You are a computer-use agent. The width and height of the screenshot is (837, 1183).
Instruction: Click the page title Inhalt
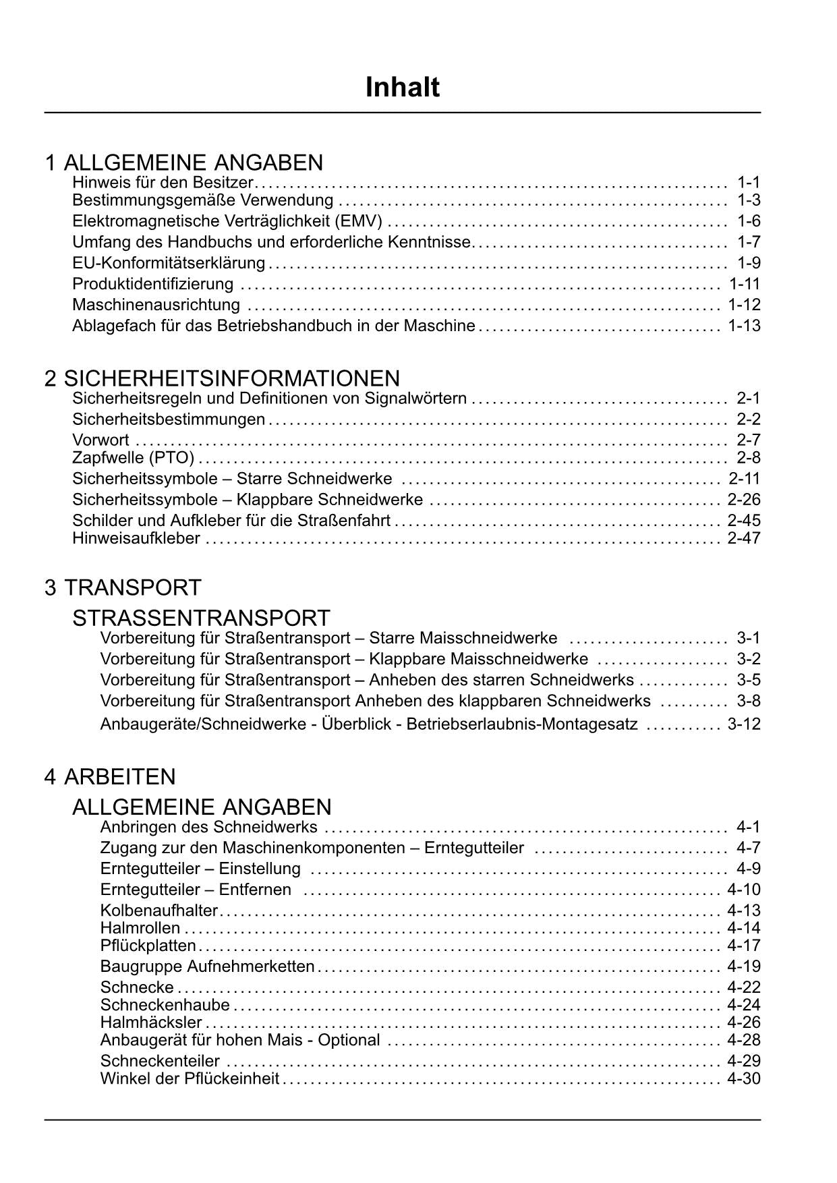coord(402,88)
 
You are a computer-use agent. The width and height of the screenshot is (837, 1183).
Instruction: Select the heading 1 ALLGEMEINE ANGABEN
coord(183,163)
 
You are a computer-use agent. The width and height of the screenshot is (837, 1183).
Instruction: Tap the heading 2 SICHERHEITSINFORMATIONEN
coord(222,378)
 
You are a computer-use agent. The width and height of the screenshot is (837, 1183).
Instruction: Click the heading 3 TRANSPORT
coord(123,587)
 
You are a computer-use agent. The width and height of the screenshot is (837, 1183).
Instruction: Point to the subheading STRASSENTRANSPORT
coord(201,618)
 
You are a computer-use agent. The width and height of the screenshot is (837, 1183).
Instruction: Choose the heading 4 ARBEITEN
coord(110,776)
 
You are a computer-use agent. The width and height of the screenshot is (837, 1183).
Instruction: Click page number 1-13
coord(744,326)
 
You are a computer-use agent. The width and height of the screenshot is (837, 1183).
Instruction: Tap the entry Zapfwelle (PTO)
coord(133,458)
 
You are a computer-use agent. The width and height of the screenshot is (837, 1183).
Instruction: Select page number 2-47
coord(744,538)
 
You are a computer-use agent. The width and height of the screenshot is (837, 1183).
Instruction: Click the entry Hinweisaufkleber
coord(136,538)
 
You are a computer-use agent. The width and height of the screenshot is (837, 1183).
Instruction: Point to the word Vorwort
coord(100,440)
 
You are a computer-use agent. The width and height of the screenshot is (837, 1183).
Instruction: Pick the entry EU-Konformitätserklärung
coord(169,263)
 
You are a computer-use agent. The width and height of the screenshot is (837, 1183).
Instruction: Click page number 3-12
coord(744,724)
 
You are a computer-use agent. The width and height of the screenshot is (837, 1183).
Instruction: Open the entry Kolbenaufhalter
coord(159,911)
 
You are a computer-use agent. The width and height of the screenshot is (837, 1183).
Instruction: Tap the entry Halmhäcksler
coord(151,1022)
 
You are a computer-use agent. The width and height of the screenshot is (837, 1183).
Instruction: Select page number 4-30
coord(744,1078)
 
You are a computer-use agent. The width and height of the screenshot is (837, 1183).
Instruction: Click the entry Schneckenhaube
coord(165,1006)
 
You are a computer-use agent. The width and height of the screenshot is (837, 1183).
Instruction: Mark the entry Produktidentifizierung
coord(153,284)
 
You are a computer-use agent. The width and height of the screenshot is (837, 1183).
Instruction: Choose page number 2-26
coord(744,500)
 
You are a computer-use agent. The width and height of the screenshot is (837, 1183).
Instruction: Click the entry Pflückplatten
coord(148,946)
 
